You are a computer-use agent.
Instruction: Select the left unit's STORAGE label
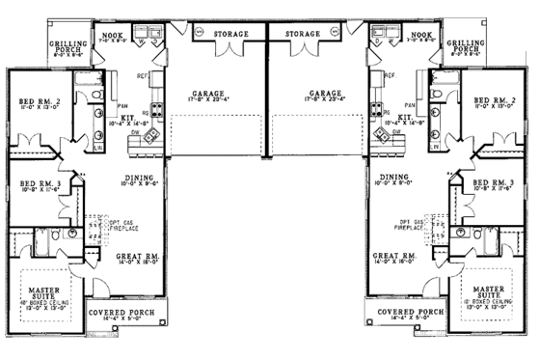pyautogui.click(x=230, y=34)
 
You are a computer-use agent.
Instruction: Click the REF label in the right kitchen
pyautogui.click(x=389, y=74)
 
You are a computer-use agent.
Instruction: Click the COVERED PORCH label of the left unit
pyautogui.click(x=117, y=313)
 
